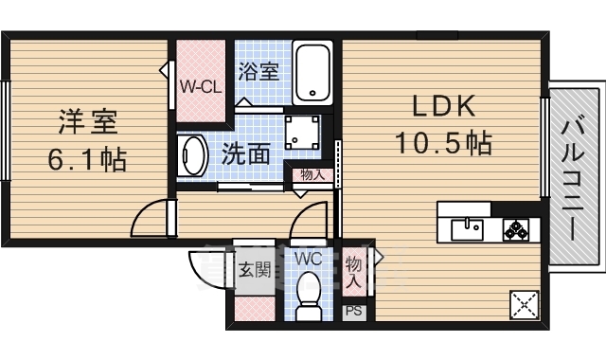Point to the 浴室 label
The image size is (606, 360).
[x=258, y=72]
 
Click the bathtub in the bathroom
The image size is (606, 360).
[x=312, y=74]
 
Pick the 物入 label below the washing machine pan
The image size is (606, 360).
[x=312, y=175]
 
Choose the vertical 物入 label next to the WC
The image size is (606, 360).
[x=353, y=271]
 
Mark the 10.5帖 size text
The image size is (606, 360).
[x=442, y=143]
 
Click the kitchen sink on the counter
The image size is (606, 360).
[x=467, y=228]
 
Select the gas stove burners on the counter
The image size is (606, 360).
[x=514, y=228]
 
